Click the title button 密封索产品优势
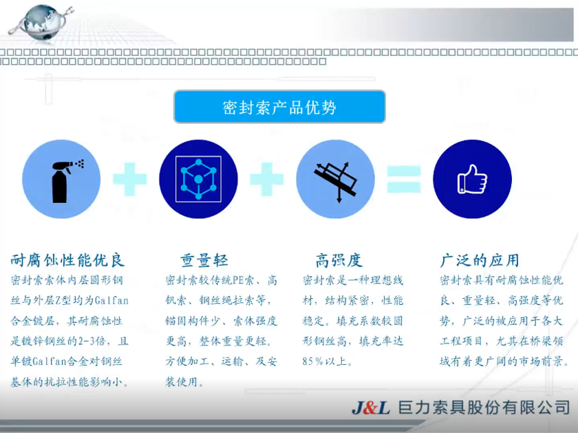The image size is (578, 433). pyautogui.click(x=279, y=107)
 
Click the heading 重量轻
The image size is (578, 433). pyautogui.click(x=204, y=260)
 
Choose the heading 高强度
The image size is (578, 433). pyautogui.click(x=339, y=260)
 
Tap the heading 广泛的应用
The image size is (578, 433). pyautogui.click(x=480, y=260)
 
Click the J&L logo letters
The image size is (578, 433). pyautogui.click(x=371, y=408)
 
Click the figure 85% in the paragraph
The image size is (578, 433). pyautogui.click(x=313, y=361)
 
